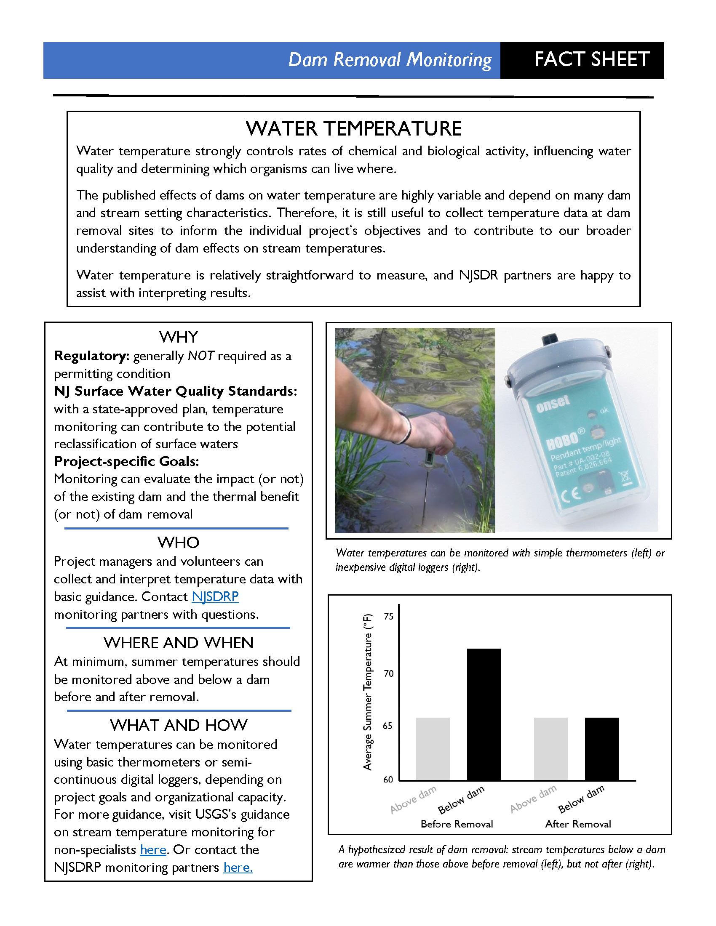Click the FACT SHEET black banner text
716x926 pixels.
click(x=592, y=59)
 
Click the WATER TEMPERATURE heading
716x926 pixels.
click(x=353, y=128)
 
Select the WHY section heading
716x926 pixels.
click(x=179, y=337)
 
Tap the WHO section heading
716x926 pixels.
click(x=178, y=543)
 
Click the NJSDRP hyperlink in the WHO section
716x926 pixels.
click(x=215, y=596)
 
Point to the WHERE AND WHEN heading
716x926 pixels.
click(x=179, y=643)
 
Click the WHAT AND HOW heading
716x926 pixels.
click(x=179, y=725)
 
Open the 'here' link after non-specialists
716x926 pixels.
click(x=153, y=850)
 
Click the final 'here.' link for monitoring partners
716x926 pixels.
click(x=238, y=867)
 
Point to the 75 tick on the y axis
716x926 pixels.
click(x=389, y=617)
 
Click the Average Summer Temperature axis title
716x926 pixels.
click(x=367, y=692)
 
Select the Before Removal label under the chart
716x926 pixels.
click(x=457, y=824)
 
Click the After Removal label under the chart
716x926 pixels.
click(x=578, y=824)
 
